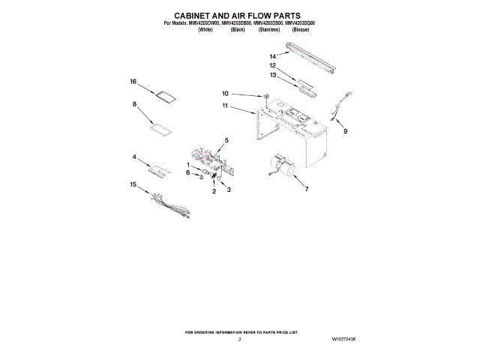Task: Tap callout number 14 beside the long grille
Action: point(274,56)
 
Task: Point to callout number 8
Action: point(135,105)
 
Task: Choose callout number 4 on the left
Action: point(134,157)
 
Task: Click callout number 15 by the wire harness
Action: point(133,184)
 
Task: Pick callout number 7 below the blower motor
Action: point(305,190)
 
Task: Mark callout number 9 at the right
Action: point(346,132)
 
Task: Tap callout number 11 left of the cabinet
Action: point(225,107)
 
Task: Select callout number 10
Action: point(225,94)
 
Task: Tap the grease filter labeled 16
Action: point(166,94)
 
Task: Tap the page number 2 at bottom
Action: point(239,340)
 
